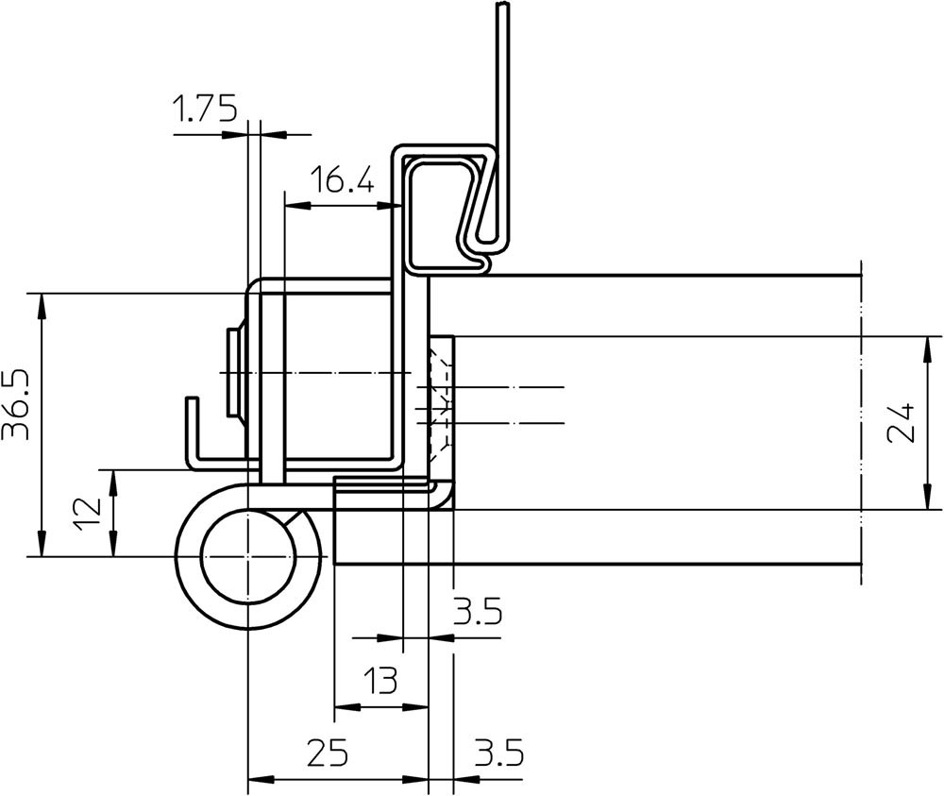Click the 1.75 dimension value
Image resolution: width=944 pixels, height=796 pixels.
tap(205, 109)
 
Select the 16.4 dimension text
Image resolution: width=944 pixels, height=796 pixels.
tap(342, 179)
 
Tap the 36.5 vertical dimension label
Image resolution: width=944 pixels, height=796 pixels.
tap(16, 405)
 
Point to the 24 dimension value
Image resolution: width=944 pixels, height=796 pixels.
tap(902, 423)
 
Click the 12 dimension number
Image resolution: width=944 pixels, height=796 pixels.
tap(87, 515)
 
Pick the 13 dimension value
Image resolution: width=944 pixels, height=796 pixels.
tap(381, 681)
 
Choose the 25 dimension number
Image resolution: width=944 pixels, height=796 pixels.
tap(329, 753)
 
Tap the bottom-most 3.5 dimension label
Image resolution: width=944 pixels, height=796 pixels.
tap(498, 753)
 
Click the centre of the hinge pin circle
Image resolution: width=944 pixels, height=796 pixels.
tap(247, 557)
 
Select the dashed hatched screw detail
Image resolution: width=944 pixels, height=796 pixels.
tap(440, 401)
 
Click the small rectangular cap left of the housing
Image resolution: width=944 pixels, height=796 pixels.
tap(232, 372)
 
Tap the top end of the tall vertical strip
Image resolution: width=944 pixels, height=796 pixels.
tap(503, 5)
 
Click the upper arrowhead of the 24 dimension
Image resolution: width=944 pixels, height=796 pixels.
tap(926, 349)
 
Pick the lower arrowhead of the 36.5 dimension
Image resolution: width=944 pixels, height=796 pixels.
tap(41, 544)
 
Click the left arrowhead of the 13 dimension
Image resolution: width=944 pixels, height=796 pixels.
tap(347, 707)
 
